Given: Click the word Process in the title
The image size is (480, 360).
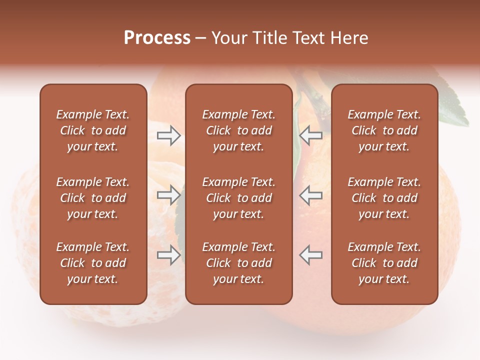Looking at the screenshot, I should (x=157, y=38).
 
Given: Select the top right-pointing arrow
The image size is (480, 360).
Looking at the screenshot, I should (x=168, y=135).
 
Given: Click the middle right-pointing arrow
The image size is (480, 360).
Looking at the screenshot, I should (x=168, y=195).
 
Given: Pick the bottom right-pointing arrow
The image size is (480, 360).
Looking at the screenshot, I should (x=168, y=255).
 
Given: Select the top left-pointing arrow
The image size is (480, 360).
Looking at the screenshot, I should (x=310, y=135).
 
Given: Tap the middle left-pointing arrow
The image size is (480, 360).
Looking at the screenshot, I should (x=310, y=195).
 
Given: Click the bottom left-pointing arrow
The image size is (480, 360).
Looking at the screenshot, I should (x=310, y=255).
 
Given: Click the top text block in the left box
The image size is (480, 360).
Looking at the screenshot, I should (x=93, y=130).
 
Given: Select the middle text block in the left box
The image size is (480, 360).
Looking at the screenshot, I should (x=93, y=198).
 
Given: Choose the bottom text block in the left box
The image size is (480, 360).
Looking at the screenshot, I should (x=93, y=263).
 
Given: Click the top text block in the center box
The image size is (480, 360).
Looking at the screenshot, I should (x=238, y=130).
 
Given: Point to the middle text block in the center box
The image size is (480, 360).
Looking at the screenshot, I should (x=238, y=198).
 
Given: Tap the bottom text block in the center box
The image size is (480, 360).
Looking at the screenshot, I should (x=238, y=263).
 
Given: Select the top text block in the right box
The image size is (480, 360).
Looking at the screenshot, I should (x=384, y=130).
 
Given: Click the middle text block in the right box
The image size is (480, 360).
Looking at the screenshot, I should (x=384, y=198).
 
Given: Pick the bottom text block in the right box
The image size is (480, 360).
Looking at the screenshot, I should (x=384, y=263).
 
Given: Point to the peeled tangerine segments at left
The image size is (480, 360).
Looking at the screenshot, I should (x=25, y=225).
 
